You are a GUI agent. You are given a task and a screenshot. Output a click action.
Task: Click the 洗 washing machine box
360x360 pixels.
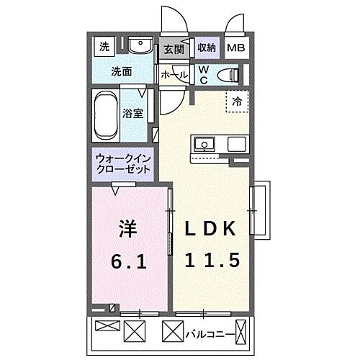tap(104, 48)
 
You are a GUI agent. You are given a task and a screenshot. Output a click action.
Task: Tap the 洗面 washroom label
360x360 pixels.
tap(120, 71)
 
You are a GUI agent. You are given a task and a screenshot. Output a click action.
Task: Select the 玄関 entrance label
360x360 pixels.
tap(173, 50)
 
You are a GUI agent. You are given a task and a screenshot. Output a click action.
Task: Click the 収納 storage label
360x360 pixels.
tap(206, 48)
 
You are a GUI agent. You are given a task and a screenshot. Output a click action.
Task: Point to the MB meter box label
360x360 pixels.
tap(235, 49)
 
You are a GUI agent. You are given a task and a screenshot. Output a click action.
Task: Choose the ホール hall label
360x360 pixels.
tap(174, 75)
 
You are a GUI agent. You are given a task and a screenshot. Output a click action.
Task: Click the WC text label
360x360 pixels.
tap(204, 74)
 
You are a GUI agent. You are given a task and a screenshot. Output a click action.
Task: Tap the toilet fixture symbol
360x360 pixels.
tap(229, 73)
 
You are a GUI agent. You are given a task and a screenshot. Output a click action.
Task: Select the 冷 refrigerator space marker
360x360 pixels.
tap(235, 102)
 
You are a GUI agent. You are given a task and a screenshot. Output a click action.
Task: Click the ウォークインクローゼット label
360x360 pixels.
tap(122, 163)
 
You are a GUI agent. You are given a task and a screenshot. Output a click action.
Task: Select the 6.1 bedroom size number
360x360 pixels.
tap(130, 261)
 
